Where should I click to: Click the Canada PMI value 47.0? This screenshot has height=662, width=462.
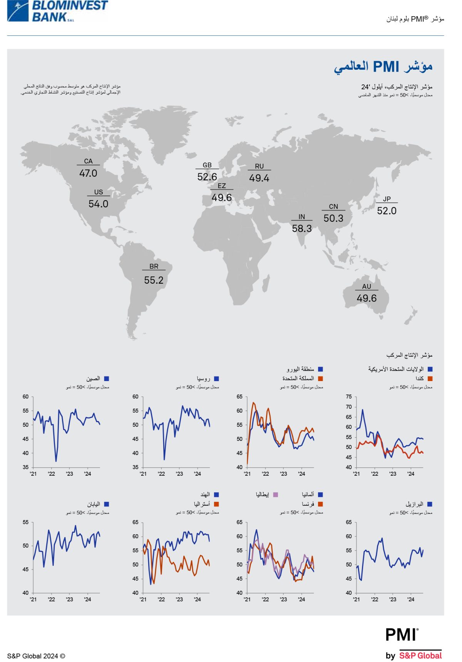88,173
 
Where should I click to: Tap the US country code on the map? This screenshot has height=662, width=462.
99,192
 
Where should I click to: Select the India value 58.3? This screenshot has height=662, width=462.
302,229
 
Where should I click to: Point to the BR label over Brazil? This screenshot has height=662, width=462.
154,266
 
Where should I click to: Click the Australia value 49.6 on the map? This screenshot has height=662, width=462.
367,298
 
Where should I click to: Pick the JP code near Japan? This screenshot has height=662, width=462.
387,199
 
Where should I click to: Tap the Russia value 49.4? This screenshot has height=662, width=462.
259,178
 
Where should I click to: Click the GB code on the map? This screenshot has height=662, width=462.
207,165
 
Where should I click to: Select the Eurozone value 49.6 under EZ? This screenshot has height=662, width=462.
222,198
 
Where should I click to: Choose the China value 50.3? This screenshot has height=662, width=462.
333,219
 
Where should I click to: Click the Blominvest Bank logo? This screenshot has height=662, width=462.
58,11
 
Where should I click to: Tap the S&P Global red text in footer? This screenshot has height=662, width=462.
420,656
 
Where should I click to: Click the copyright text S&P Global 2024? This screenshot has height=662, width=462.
36,656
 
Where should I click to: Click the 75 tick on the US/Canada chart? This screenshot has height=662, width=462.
349,397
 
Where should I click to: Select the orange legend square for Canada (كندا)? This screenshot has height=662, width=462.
430,379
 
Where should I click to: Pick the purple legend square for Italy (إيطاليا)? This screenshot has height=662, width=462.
276,495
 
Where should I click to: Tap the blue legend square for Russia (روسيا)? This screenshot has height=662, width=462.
216,379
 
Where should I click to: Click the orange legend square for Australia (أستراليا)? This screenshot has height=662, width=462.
216,504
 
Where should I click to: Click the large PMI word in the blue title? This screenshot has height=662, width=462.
386,67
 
